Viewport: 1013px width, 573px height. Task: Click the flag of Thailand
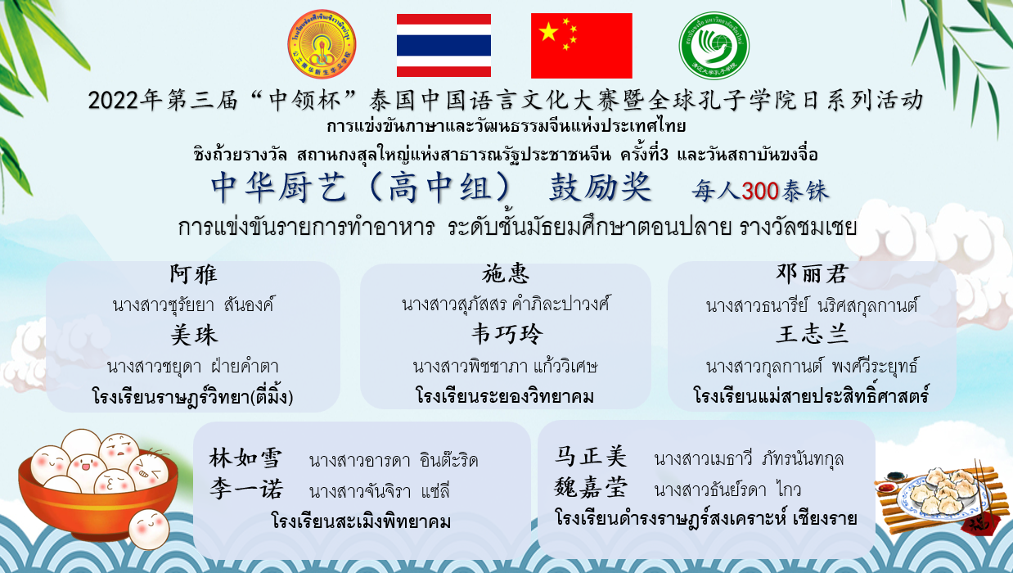coord(443,45)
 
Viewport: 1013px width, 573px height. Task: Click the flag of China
coord(582,46)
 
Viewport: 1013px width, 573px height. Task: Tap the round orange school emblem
coord(322,44)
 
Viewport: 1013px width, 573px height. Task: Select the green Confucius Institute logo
coord(714,46)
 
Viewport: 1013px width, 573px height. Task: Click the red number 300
coord(759,192)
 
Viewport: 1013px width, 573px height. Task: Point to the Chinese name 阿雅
coord(194,274)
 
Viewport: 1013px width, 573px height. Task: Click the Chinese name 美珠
coord(194,336)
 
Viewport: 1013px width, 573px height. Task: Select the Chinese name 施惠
coord(505,273)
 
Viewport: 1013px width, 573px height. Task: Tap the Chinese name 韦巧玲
coord(506,334)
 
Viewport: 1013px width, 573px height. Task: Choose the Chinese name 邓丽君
coord(812,273)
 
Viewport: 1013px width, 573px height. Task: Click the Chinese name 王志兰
coord(813,334)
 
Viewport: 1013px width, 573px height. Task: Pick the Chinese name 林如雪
coord(245,458)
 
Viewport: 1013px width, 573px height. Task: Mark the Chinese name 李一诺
coord(246,489)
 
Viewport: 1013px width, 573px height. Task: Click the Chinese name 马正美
coord(591,456)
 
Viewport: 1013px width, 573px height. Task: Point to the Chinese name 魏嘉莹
coord(591,488)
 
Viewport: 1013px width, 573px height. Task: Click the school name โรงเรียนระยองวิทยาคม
coord(505,396)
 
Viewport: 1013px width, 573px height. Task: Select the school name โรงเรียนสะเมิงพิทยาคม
coord(362,521)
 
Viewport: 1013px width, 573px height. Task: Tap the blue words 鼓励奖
coord(600,187)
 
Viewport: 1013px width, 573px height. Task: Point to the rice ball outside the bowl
coord(149,529)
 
